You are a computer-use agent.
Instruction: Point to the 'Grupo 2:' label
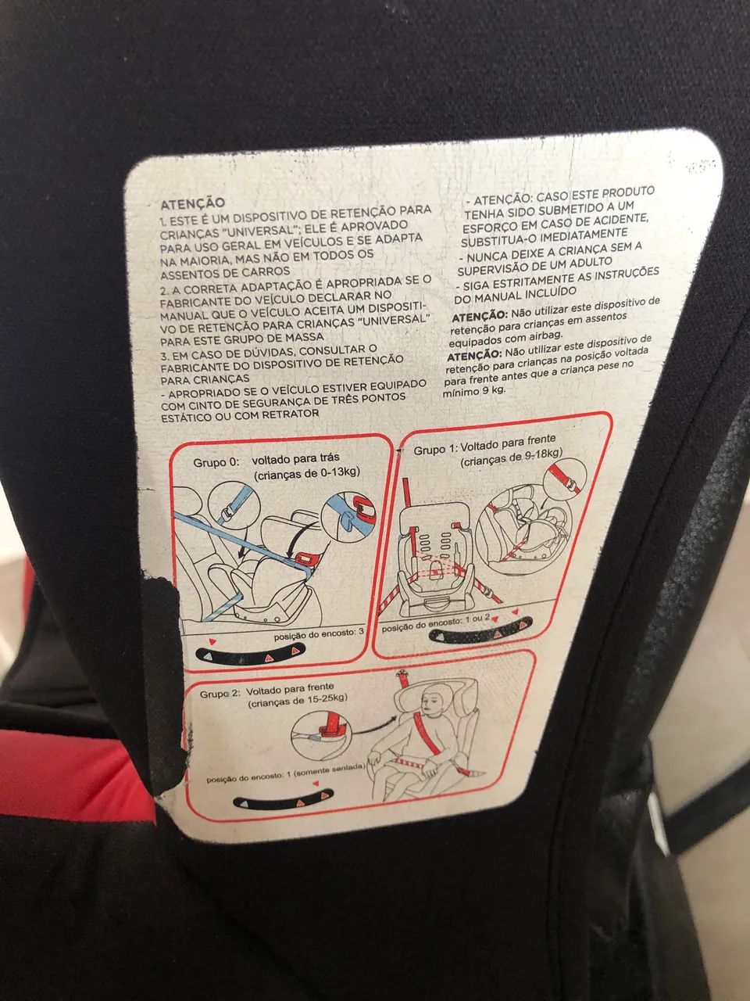tap(220, 694)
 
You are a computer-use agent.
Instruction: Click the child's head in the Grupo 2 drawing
tap(434, 696)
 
